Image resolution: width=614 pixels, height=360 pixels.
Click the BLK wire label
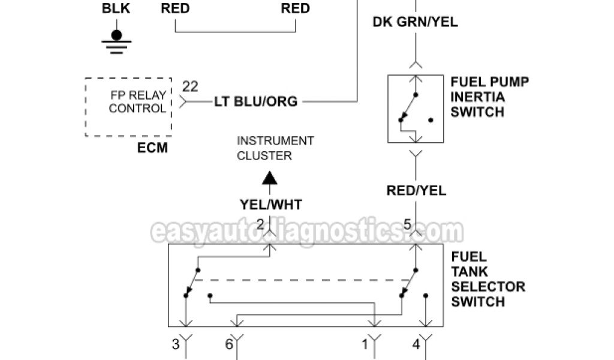click(116, 9)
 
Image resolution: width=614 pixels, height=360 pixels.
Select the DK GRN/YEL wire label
click(415, 22)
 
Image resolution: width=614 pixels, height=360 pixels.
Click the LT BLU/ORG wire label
click(256, 101)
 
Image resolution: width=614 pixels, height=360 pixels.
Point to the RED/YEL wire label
click(415, 191)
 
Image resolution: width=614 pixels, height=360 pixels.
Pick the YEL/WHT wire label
click(270, 205)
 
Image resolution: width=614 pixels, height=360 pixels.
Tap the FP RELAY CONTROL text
click(137, 101)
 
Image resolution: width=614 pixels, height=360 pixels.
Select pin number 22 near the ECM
click(190, 86)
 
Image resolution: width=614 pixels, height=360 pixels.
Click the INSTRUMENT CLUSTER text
click(275, 148)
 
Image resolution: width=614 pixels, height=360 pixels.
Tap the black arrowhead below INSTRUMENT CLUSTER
click(270, 179)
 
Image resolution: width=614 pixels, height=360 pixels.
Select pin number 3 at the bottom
click(176, 344)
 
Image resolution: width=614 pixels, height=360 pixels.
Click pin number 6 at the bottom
click(228, 344)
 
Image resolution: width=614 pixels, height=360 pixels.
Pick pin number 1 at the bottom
click(364, 344)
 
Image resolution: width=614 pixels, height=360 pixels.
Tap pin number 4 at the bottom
click(416, 344)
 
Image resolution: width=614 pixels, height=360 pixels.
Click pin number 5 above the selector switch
click(407, 225)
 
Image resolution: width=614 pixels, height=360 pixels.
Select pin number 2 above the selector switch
click(260, 224)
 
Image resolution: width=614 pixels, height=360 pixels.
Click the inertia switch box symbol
click(415, 109)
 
